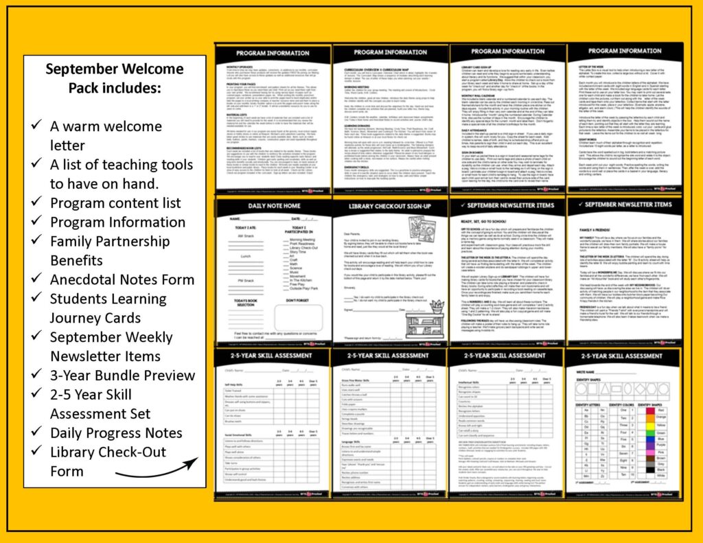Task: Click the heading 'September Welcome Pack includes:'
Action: (x=115, y=78)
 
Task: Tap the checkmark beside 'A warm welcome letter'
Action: (x=38, y=127)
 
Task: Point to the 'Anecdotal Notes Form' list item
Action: (x=122, y=279)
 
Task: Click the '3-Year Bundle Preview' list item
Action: (x=122, y=376)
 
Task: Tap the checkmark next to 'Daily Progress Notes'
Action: (x=38, y=433)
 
